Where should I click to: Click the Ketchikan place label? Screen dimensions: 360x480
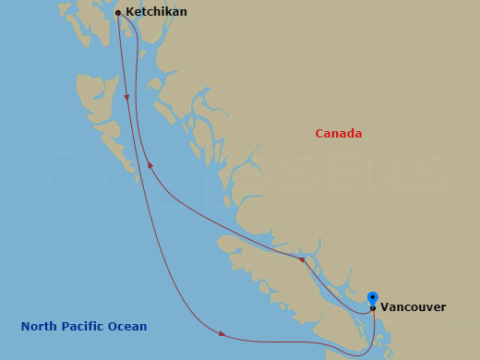click(156, 12)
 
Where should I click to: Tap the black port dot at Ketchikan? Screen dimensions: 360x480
click(118, 13)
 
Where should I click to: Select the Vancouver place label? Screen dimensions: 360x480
click(413, 307)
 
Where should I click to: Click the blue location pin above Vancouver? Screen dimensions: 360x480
click(372, 298)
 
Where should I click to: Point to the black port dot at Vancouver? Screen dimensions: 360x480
click(372, 308)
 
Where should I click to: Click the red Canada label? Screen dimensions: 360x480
click(339, 134)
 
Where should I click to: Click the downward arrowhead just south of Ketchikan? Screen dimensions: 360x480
click(126, 98)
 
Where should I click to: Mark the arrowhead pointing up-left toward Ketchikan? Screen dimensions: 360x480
click(150, 166)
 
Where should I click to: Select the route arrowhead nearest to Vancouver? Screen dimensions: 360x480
click(301, 260)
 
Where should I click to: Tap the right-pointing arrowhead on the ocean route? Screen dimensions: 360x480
click(222, 334)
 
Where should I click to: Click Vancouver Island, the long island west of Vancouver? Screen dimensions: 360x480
click(277, 277)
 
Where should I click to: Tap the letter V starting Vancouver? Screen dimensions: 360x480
click(384, 307)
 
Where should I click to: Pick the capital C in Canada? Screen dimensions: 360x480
click(319, 134)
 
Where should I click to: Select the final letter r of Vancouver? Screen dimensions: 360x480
click(443, 307)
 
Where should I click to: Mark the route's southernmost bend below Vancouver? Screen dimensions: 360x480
click(365, 354)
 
